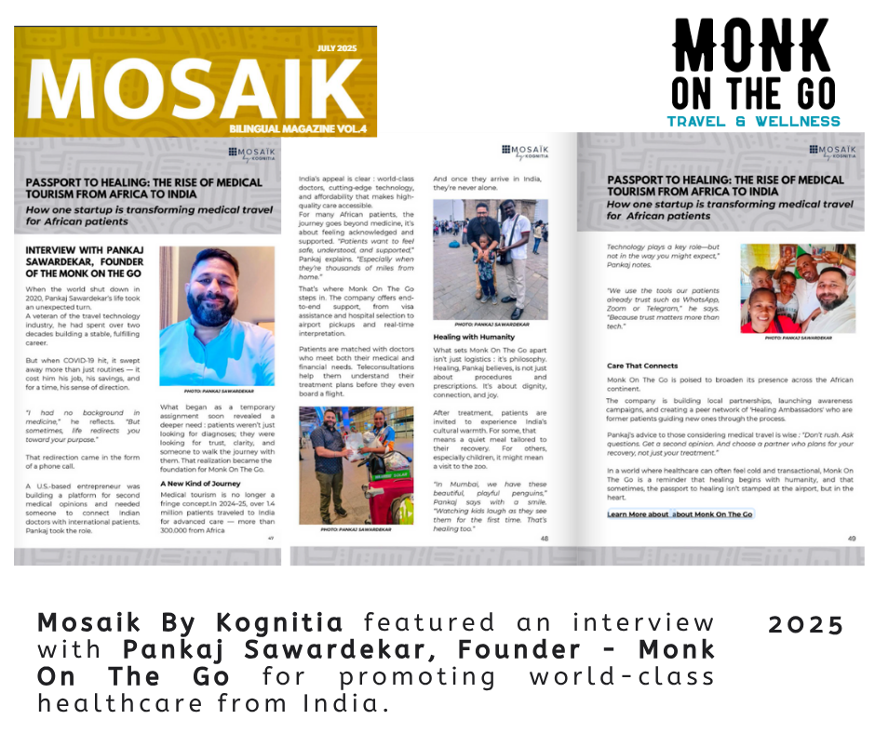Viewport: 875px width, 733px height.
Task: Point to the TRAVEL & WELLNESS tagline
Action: [753, 121]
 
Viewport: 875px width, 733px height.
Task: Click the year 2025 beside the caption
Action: [805, 624]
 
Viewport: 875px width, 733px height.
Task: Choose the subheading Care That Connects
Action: [642, 366]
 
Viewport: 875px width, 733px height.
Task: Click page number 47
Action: [270, 538]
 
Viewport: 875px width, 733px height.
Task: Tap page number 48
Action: [545, 538]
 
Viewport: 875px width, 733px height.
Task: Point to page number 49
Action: [850, 538]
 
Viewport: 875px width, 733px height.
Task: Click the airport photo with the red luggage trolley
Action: [356, 462]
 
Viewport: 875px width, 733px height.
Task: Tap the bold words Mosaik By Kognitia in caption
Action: [192, 622]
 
